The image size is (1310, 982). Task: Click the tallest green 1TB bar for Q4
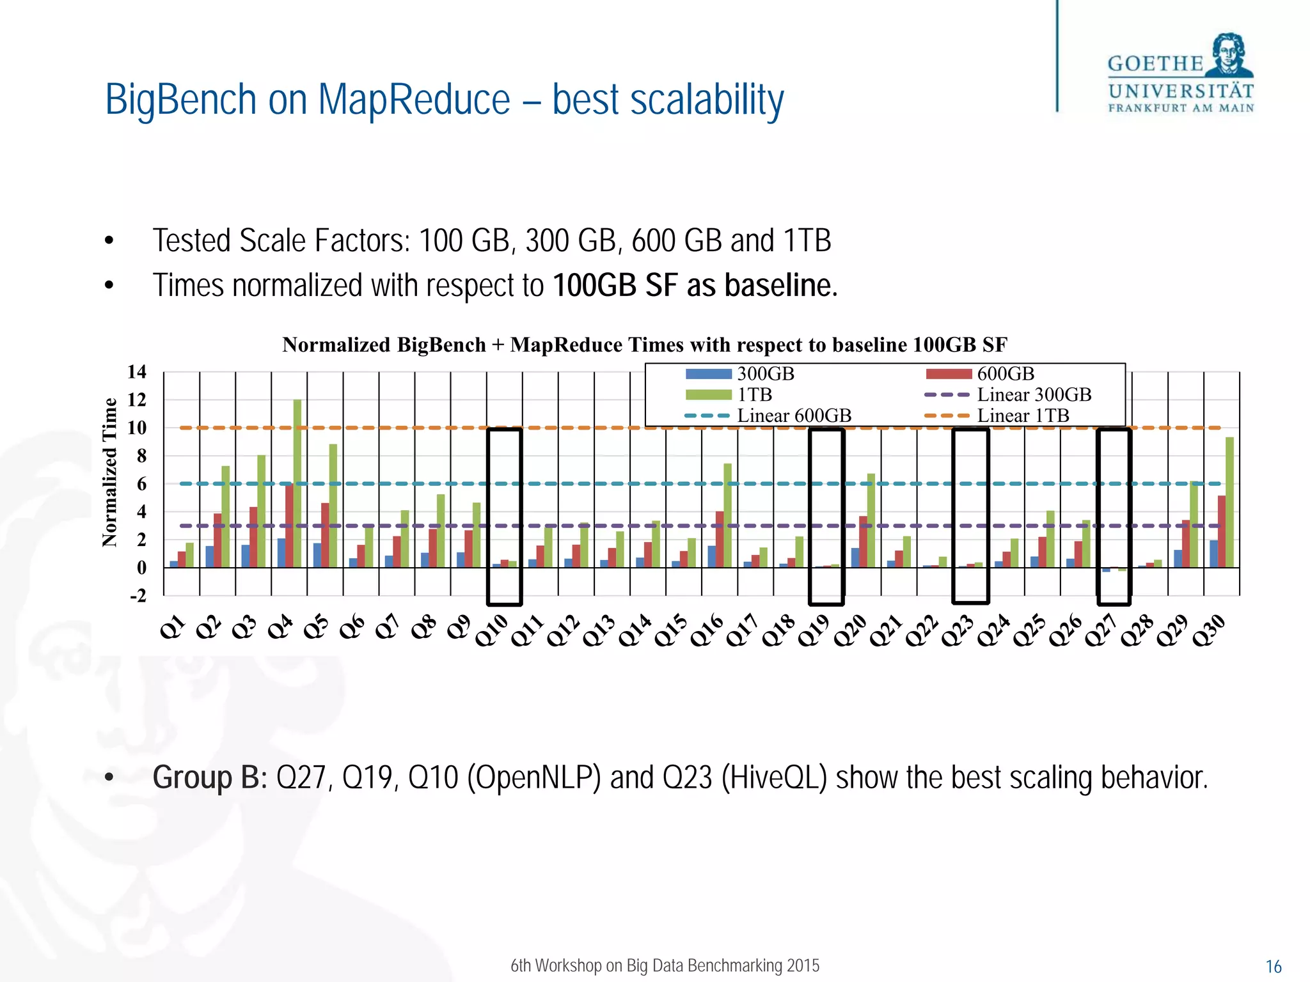point(297,483)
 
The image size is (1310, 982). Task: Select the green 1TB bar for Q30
point(1229,503)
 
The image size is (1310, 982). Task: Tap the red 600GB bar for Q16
point(720,539)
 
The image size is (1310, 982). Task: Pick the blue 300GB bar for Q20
point(855,557)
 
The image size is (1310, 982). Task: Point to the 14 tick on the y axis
point(136,371)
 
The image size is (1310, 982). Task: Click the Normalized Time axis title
point(110,472)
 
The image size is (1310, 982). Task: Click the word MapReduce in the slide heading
point(414,100)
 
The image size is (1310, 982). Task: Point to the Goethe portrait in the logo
point(1229,54)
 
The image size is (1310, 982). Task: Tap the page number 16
point(1274,966)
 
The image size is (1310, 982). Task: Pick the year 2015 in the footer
point(803,965)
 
